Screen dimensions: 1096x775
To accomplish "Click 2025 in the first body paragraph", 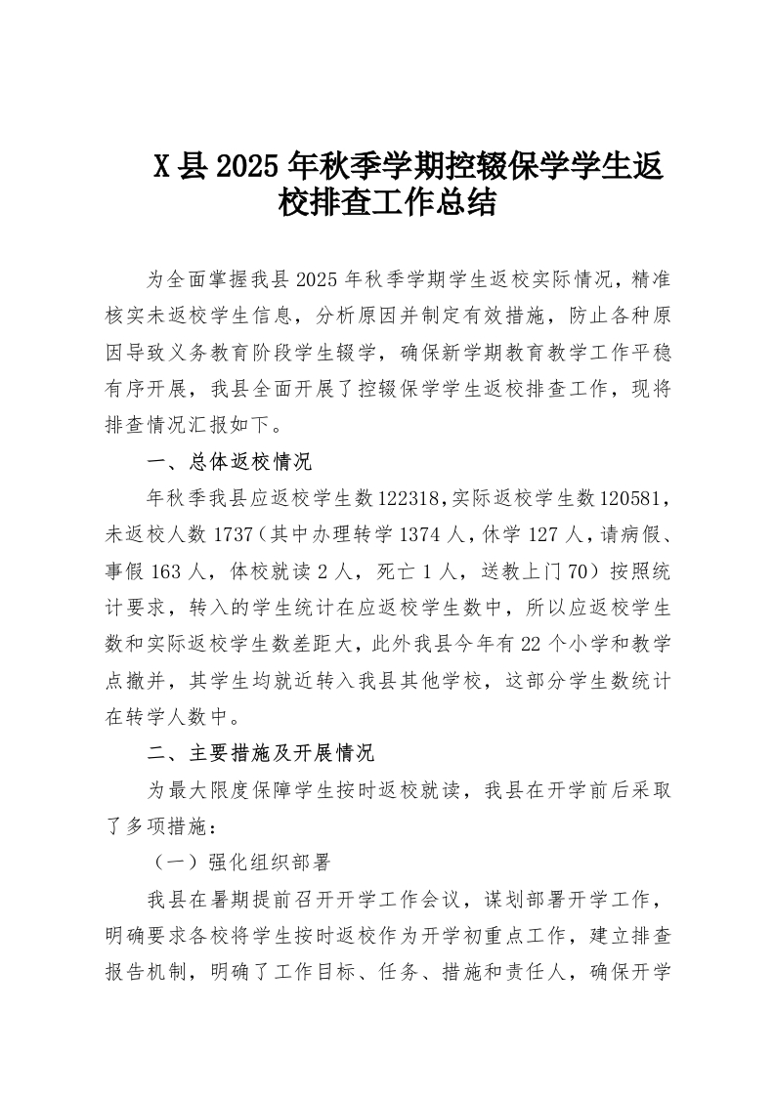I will (315, 281).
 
